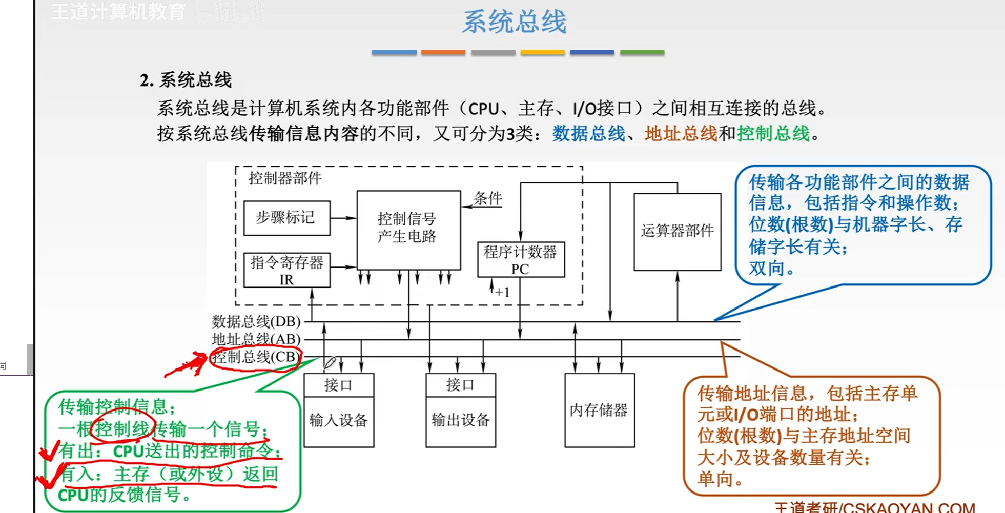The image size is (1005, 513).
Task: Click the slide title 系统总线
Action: pos(514,22)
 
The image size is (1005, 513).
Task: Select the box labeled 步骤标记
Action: pos(286,218)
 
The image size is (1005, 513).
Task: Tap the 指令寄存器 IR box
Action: pos(286,270)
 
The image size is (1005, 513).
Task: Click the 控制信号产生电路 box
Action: pos(408,229)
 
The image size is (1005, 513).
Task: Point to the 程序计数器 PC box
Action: pos(521,260)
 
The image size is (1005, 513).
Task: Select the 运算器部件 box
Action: pos(677,231)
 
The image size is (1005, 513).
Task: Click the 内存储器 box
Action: pos(599,411)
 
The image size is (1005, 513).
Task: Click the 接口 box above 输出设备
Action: pos(460,385)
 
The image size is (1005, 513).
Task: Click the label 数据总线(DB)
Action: pos(256,321)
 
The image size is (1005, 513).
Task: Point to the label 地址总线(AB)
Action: pos(256,339)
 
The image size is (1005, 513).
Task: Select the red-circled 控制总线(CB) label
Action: pos(255,357)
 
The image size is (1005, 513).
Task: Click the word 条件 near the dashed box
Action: pos(487,198)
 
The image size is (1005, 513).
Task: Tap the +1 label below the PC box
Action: pos(502,292)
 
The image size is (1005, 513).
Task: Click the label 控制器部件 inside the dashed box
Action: pos(285,178)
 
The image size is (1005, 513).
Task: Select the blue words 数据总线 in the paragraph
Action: pos(588,134)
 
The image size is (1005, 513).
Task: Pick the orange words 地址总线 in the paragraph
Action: pos(681,134)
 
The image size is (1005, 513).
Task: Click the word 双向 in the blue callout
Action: pos(767,268)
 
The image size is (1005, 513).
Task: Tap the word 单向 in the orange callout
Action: pos(715,479)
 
